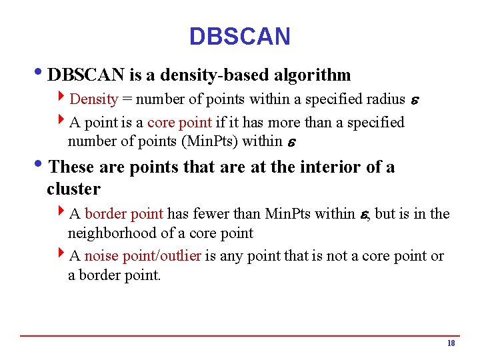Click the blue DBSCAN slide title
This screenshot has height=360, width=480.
click(239, 36)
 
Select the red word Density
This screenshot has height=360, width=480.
click(93, 99)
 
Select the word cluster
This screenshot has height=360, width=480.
click(73, 189)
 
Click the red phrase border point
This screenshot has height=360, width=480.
click(124, 214)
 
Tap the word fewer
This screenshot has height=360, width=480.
click(213, 214)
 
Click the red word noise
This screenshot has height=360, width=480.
click(102, 257)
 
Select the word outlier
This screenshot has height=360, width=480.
click(177, 257)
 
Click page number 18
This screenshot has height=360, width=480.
click(451, 343)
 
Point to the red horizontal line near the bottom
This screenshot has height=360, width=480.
click(240, 335)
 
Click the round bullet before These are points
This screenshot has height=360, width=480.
click(42, 165)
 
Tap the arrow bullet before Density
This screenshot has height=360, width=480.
click(61, 99)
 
